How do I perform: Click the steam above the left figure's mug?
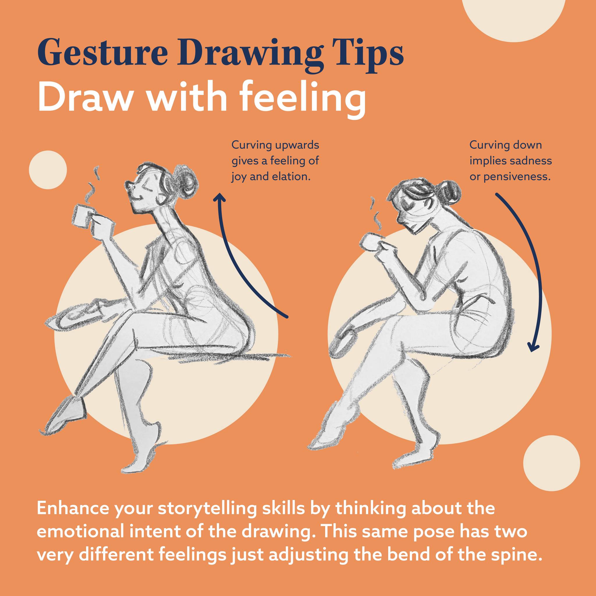pyautogui.click(x=93, y=185)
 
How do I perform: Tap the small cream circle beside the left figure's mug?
pyautogui.click(x=48, y=170)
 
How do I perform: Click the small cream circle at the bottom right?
pyautogui.click(x=551, y=464)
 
